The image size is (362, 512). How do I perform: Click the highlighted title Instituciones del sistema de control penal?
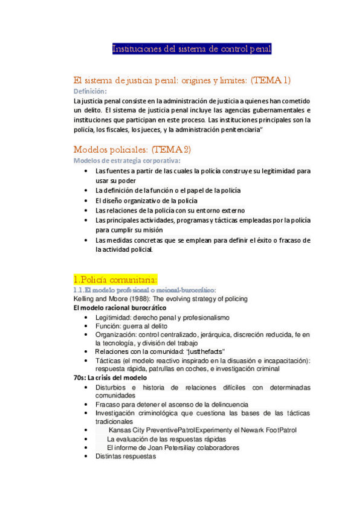coord(192,49)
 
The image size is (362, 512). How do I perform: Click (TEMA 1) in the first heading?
coord(262,80)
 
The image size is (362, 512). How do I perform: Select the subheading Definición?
coord(89,91)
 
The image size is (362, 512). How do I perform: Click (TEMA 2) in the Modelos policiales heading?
coord(171,149)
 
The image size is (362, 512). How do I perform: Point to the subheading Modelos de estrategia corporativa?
coord(126,160)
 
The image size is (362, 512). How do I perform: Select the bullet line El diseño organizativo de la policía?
coord(146,200)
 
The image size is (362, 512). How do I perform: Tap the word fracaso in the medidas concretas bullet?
coord(283,240)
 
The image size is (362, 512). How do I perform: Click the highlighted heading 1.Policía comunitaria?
coord(115,280)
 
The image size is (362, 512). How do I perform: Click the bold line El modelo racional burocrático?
coord(120,308)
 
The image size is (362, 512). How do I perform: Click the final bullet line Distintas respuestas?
coord(126,456)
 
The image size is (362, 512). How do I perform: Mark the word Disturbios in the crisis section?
coord(113,387)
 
